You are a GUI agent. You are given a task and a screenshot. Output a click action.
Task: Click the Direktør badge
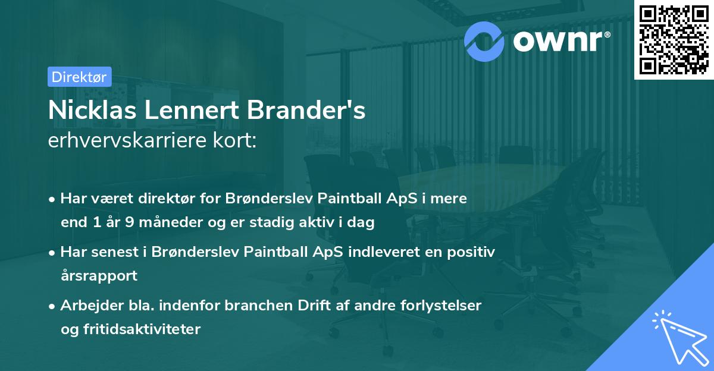point(79,77)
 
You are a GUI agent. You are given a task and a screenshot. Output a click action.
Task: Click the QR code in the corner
point(674,40)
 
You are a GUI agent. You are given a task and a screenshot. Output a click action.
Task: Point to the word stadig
point(293,223)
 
